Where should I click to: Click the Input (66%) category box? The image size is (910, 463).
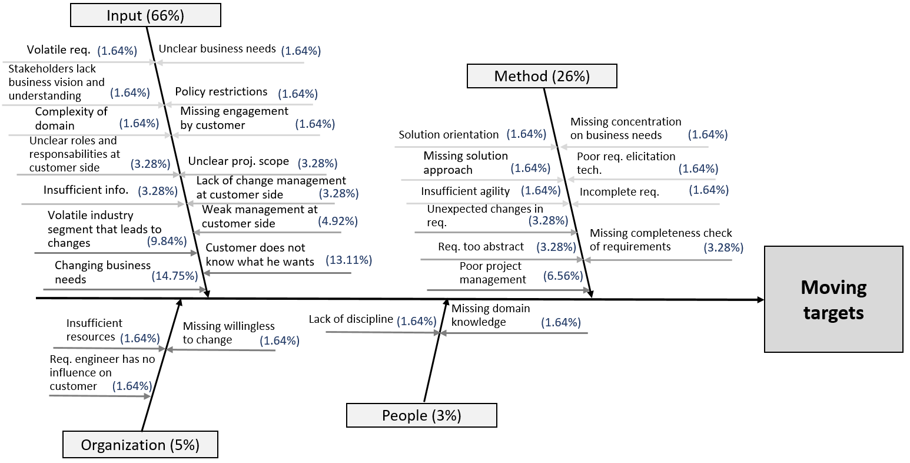click(x=145, y=15)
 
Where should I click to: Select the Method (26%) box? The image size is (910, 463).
click(x=542, y=76)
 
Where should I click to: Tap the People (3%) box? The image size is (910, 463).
click(x=421, y=415)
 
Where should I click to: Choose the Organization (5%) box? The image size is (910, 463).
click(x=140, y=445)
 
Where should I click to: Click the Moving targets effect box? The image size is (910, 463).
click(x=833, y=299)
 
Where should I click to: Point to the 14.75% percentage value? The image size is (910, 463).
click(x=175, y=275)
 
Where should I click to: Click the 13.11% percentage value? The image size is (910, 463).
click(x=348, y=260)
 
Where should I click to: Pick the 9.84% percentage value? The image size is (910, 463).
click(x=167, y=241)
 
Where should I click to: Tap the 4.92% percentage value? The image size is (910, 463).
click(x=337, y=221)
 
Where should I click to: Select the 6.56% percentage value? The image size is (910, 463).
click(x=563, y=276)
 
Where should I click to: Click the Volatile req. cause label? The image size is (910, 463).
click(x=58, y=49)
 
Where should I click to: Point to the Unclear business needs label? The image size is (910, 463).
click(x=217, y=49)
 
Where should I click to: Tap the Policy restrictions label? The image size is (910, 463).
click(x=221, y=91)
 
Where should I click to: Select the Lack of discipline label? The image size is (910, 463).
click(x=351, y=319)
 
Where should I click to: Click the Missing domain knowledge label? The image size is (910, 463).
click(x=490, y=315)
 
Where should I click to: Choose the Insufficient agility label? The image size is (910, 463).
click(x=465, y=191)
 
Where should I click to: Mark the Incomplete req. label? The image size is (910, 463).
click(x=619, y=191)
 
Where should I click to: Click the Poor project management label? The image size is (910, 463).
click(x=492, y=273)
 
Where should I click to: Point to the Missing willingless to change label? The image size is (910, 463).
click(x=228, y=333)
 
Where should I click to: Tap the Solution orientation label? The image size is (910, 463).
click(x=449, y=134)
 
